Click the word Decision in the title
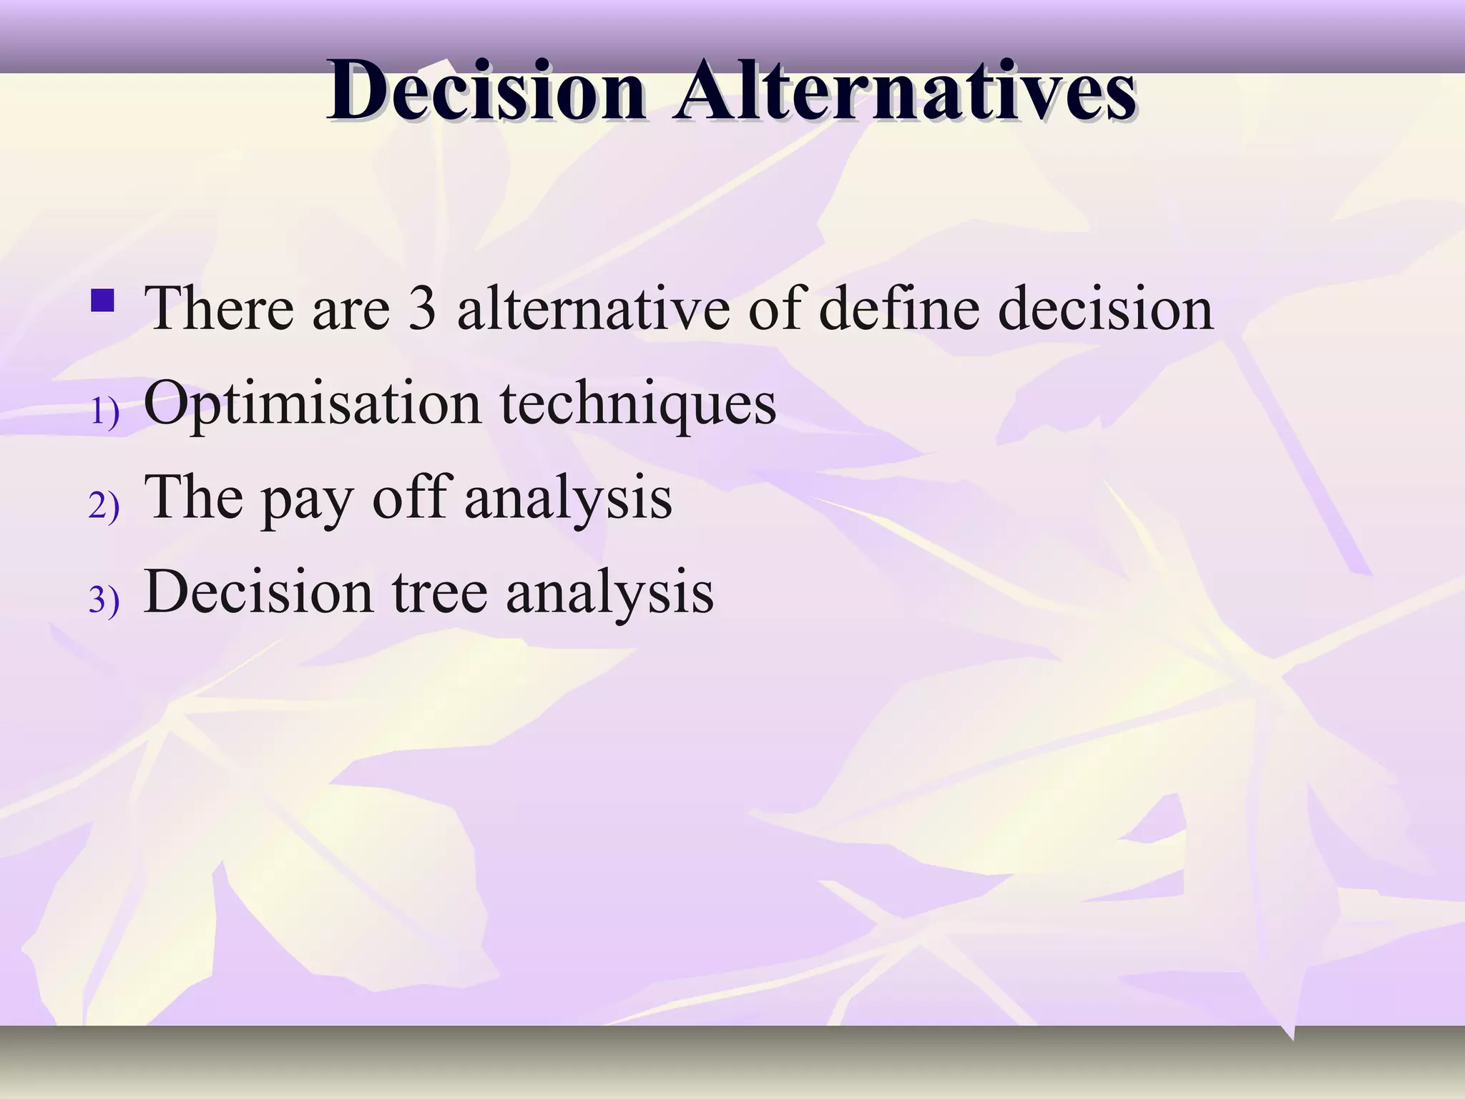(486, 92)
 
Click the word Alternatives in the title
(904, 92)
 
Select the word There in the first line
(218, 308)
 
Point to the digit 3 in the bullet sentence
(422, 308)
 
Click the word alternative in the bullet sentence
(593, 308)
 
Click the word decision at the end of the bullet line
(1105, 308)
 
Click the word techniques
(637, 404)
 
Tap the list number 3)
(104, 600)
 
